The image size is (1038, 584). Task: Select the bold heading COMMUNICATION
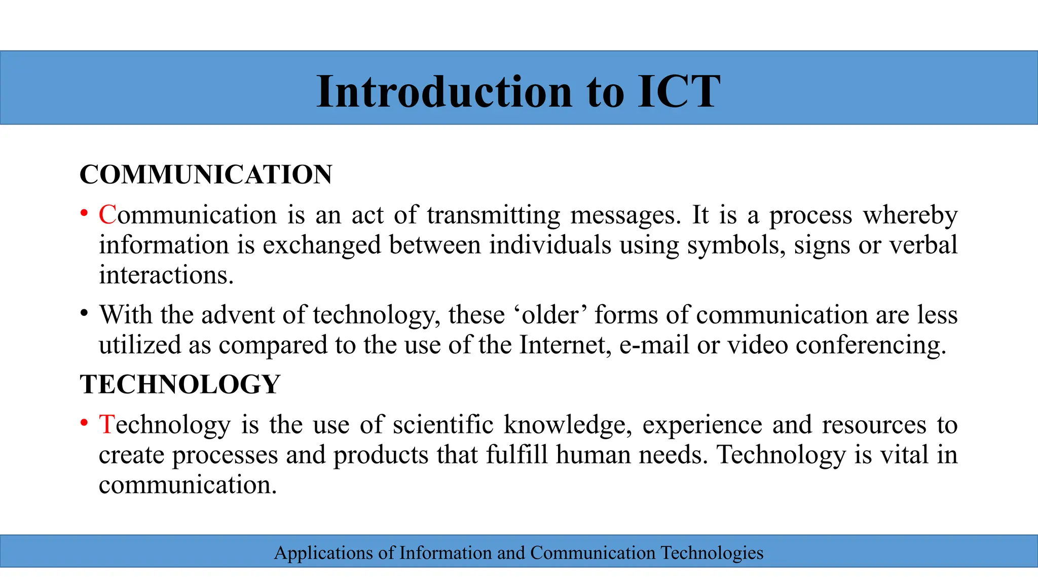[x=206, y=174]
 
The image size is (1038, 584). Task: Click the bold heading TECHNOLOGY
[x=180, y=384]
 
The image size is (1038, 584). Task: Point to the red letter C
[x=107, y=214]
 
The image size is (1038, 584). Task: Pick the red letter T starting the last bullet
[x=106, y=424]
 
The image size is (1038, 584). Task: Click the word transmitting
[x=493, y=215]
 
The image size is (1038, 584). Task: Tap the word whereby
[x=910, y=215]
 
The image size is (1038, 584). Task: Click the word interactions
[x=166, y=275]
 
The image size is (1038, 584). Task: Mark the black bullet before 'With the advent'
[x=84, y=313]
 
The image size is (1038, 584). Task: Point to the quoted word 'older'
[x=549, y=315]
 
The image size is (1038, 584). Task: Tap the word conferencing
[x=870, y=346]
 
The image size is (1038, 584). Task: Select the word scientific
[x=443, y=424]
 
